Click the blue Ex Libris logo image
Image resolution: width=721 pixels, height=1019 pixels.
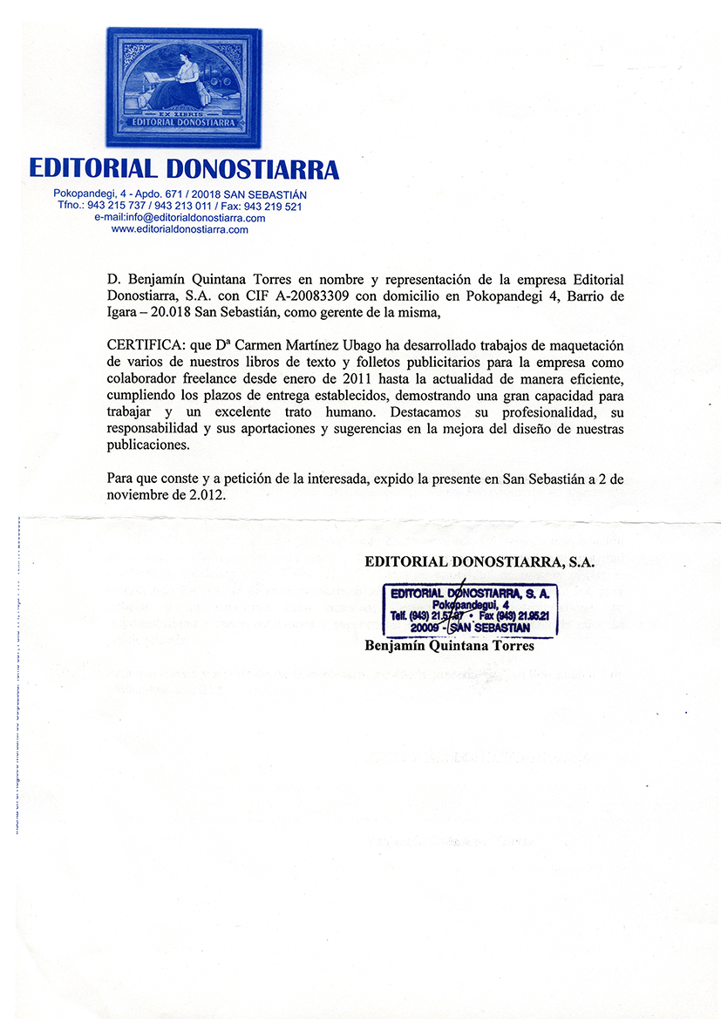(x=183, y=87)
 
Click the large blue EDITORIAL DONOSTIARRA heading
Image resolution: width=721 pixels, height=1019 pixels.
(x=183, y=168)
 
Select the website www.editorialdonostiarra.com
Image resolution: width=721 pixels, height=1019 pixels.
(x=180, y=229)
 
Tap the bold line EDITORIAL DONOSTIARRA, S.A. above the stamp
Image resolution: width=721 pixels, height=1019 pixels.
(x=480, y=562)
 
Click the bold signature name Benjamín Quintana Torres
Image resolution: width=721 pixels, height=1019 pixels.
(x=449, y=647)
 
